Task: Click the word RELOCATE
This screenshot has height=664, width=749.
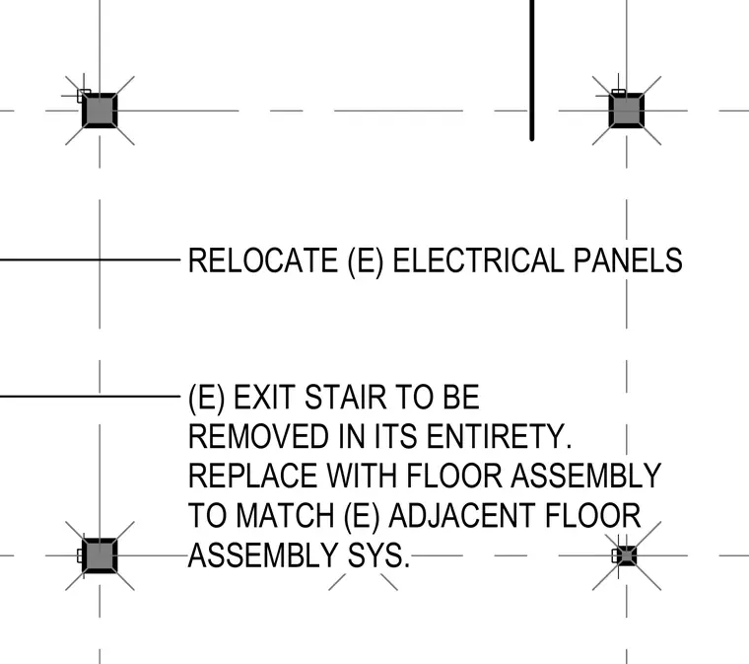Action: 263,260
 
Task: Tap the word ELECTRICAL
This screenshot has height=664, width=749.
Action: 478,260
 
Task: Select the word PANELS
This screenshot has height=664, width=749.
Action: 628,260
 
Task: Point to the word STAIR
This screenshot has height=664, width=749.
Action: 345,398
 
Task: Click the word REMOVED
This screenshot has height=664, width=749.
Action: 258,436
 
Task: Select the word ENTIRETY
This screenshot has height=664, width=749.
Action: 499,436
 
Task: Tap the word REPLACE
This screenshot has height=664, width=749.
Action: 252,477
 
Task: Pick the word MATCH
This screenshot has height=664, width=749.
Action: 285,516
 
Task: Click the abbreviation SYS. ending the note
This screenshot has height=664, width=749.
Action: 378,555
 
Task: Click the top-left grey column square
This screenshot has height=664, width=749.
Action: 100,111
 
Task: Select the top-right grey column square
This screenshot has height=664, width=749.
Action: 626,111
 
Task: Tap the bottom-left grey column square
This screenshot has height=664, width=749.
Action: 100,555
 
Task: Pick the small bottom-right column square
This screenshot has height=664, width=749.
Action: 626,555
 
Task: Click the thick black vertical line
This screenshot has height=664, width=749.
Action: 531,70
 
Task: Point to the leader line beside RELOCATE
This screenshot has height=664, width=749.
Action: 91,260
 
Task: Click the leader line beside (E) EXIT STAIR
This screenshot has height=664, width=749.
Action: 91,397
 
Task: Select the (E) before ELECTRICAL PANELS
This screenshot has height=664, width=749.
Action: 366,261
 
